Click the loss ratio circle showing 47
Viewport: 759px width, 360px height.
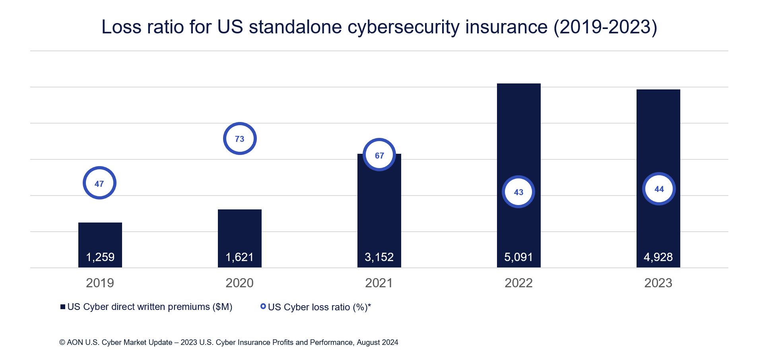(x=99, y=183)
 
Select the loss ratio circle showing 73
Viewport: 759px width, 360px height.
(x=240, y=139)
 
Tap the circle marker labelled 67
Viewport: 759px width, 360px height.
(x=379, y=155)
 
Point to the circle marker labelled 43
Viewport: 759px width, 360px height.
(x=518, y=192)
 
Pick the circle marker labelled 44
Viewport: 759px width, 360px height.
(x=659, y=189)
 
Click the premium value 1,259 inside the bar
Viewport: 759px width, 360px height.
(x=100, y=257)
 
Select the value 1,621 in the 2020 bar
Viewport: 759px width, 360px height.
(x=240, y=257)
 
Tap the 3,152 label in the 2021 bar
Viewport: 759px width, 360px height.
(x=379, y=257)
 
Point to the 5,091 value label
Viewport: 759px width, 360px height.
(x=518, y=257)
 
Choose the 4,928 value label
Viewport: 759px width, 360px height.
(x=658, y=257)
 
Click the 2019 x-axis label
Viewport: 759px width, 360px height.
(x=100, y=283)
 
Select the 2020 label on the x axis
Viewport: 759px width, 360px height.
(x=240, y=283)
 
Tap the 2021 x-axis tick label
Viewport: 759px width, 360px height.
(x=379, y=283)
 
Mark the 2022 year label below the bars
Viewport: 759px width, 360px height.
(x=518, y=283)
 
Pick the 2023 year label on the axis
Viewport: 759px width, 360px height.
(x=658, y=283)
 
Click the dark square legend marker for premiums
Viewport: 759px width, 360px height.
(x=63, y=307)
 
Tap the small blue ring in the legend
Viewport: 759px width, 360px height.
(x=263, y=306)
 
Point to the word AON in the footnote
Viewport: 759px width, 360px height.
(x=75, y=343)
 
